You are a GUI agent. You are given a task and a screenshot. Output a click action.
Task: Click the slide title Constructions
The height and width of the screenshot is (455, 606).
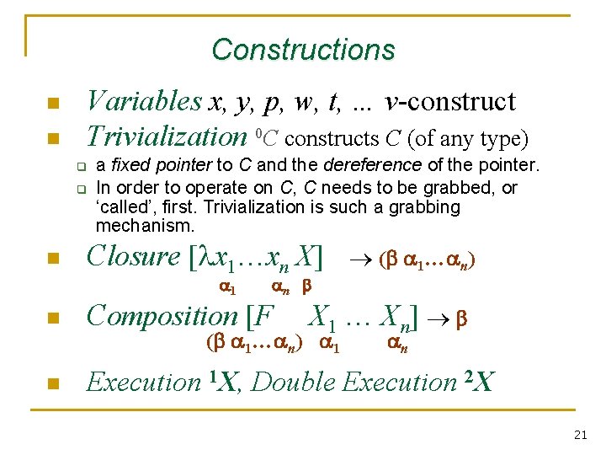(303, 50)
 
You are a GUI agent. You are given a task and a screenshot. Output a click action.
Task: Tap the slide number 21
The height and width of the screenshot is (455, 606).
(580, 435)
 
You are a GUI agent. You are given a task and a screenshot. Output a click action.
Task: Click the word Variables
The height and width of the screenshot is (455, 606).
(144, 102)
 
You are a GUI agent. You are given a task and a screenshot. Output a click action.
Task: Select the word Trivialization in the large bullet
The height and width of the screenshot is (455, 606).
(166, 136)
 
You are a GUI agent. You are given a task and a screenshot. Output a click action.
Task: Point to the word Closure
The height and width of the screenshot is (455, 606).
(133, 256)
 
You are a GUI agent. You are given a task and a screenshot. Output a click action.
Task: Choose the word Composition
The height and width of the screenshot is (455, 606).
(162, 316)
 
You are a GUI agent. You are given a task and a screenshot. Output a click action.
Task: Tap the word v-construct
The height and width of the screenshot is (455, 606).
(450, 102)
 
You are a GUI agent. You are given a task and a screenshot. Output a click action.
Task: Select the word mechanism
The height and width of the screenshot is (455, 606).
(144, 226)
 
